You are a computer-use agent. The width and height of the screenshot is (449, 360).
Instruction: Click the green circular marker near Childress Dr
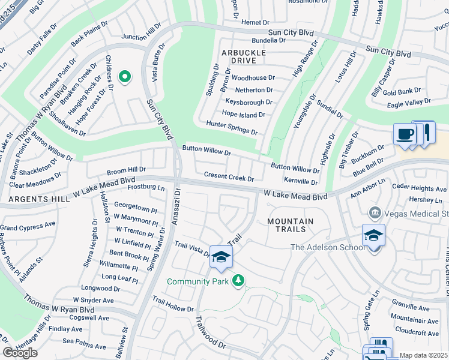click(x=125, y=76)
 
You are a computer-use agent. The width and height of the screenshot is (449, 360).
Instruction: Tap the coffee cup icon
click(x=405, y=134)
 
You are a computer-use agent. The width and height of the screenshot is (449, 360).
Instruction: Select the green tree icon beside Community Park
click(x=238, y=280)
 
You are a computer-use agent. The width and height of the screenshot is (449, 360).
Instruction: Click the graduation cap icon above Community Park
click(x=221, y=257)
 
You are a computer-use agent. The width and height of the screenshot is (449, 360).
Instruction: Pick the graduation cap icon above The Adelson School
click(x=373, y=235)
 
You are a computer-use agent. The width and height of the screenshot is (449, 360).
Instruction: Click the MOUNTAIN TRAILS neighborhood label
click(x=291, y=225)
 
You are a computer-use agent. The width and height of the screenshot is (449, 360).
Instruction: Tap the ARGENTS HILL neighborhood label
click(x=29, y=198)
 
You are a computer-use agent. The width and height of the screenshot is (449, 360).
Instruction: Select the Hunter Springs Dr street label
click(x=232, y=127)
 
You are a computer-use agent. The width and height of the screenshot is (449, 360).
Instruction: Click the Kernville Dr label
click(x=300, y=181)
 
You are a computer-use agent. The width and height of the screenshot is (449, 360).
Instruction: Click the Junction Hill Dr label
click(x=141, y=32)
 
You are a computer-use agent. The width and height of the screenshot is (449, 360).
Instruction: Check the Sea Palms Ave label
click(x=84, y=341)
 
